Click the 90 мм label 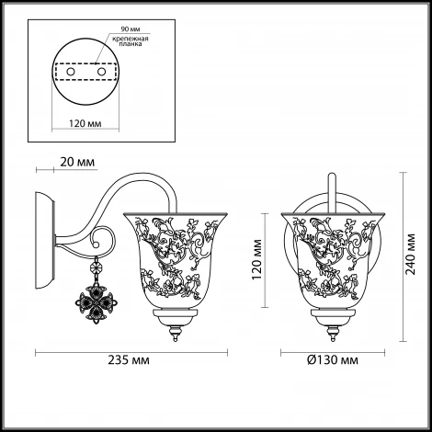pos(131,29)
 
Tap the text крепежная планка pos(131,41)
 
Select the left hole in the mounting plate pos(71,72)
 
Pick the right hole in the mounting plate pos(101,72)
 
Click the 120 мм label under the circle pos(85,123)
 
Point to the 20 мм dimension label pos(77,162)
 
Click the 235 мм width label pos(129,359)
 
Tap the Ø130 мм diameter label pos(333,359)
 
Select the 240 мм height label pos(410,254)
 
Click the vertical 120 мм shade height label pos(256,260)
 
